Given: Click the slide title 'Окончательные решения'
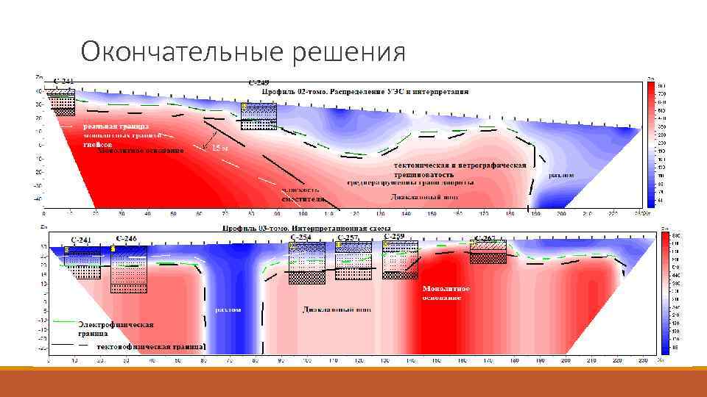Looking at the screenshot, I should click(243, 52).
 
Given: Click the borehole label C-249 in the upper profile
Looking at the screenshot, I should click(258, 83).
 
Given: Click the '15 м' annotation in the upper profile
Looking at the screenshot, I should click(220, 149).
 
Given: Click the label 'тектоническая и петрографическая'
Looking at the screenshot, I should click(460, 165).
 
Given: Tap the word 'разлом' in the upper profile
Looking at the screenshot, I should click(561, 175).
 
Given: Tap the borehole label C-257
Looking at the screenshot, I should click(348, 237).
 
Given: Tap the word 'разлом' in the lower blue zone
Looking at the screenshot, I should click(228, 310).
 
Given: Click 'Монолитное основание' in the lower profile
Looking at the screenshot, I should click(446, 293).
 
